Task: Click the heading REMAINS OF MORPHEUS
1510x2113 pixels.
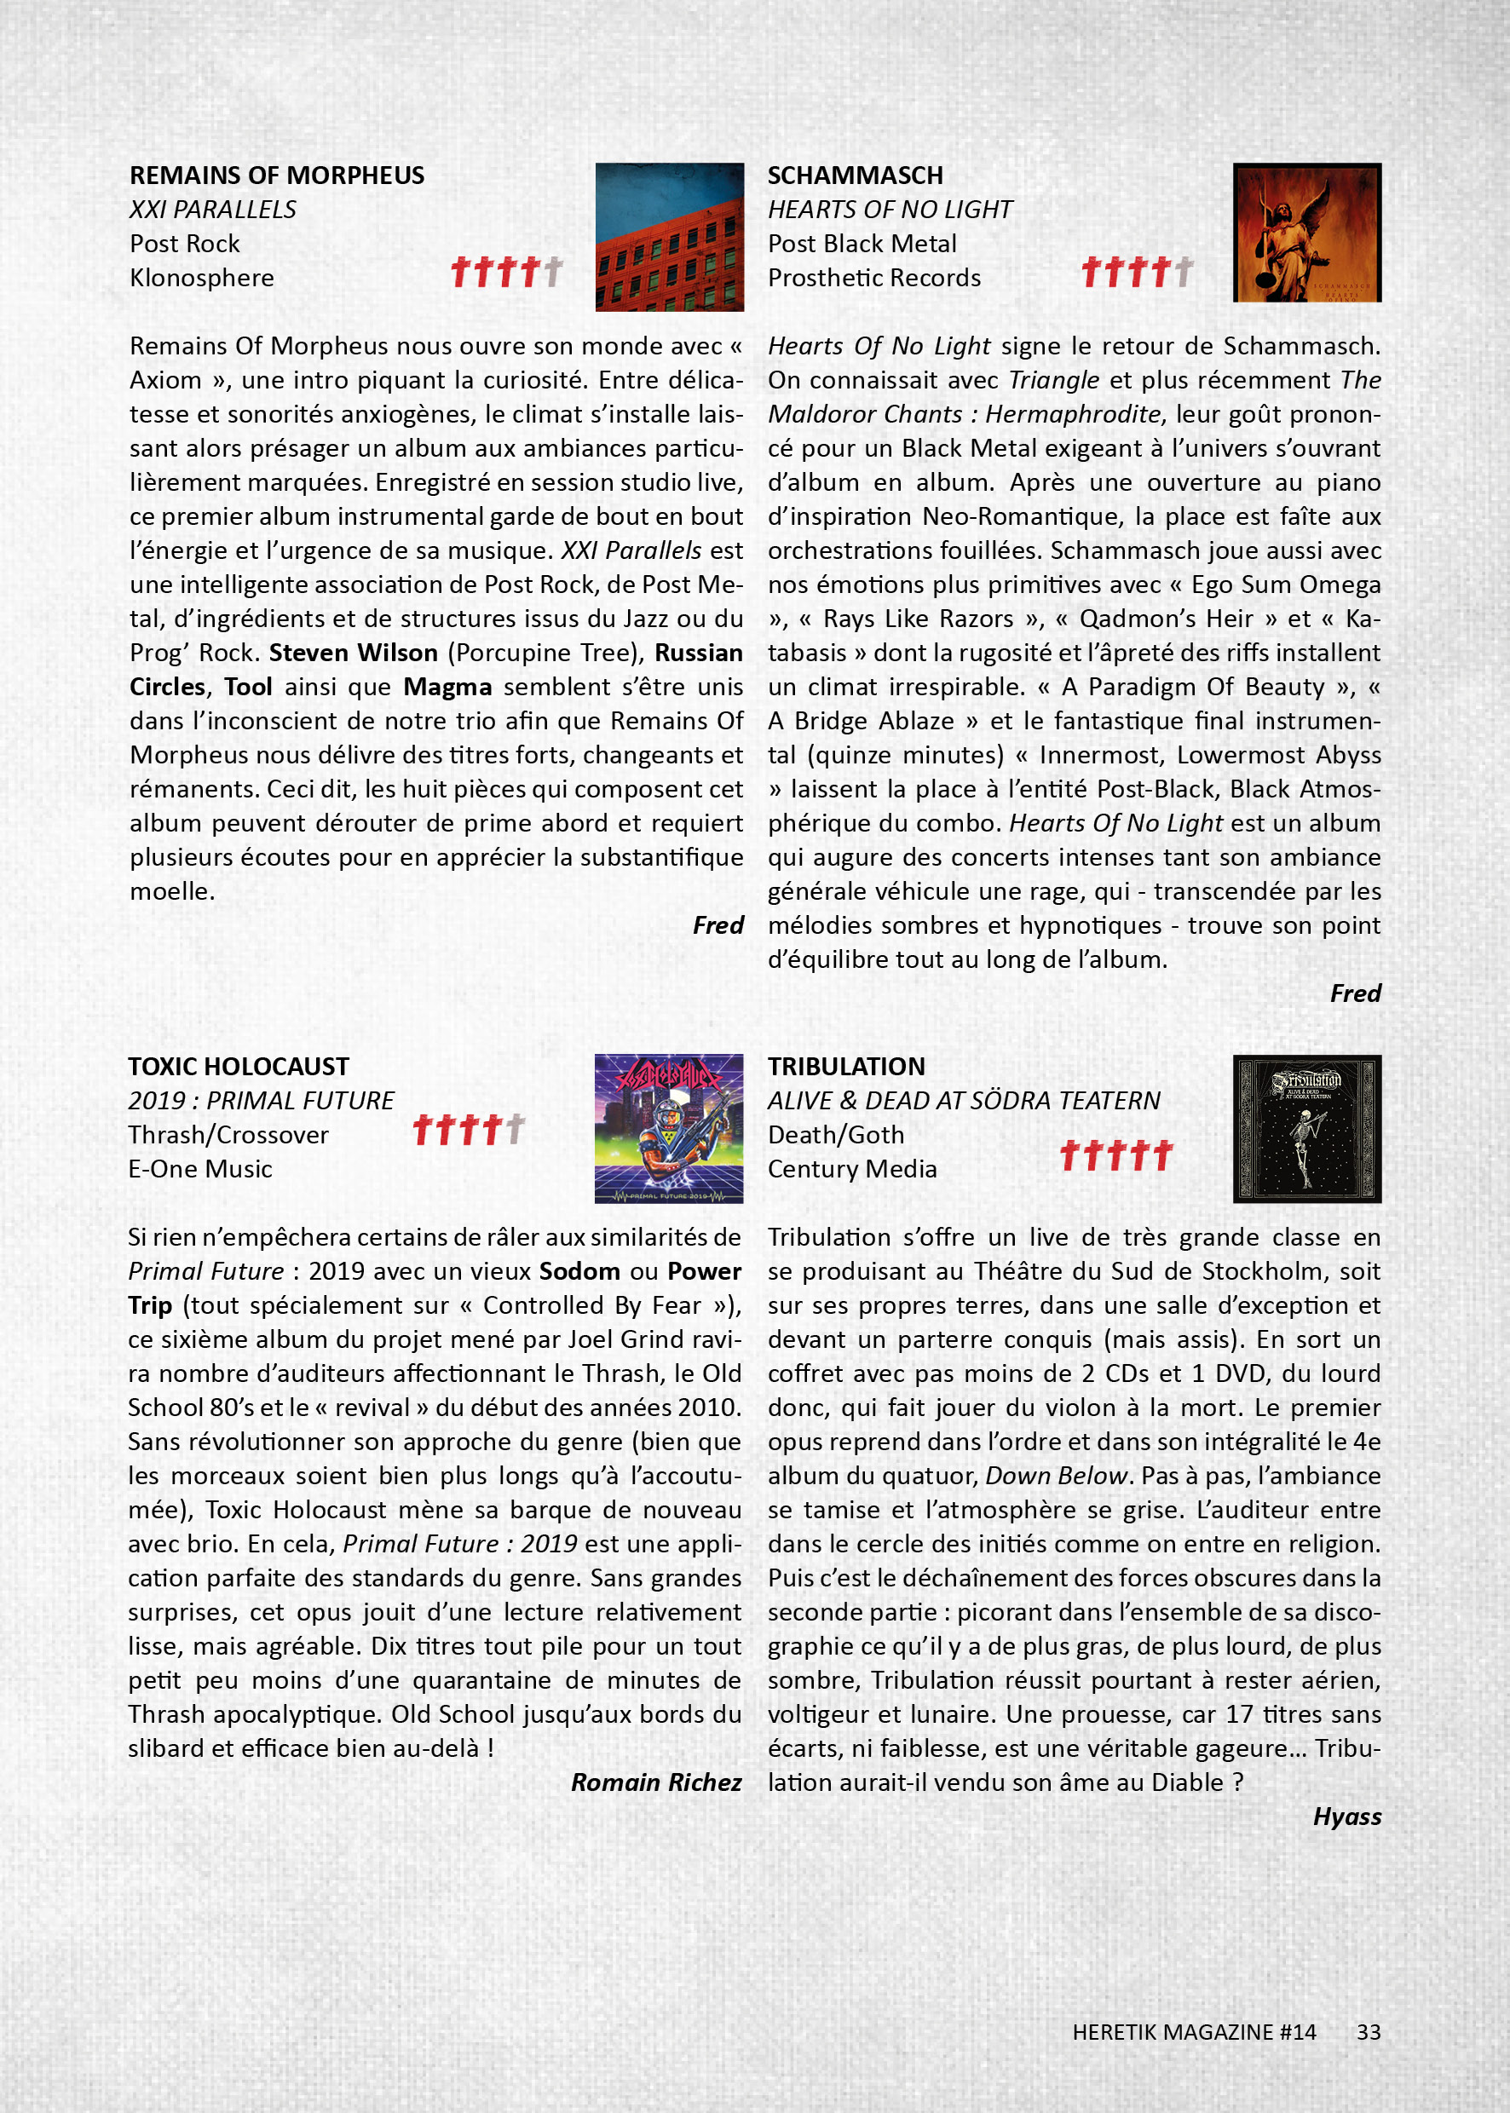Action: point(276,176)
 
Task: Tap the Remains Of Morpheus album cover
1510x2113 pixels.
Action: point(670,237)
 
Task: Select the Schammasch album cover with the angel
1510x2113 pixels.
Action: point(1306,233)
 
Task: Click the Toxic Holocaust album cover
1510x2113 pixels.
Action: point(669,1129)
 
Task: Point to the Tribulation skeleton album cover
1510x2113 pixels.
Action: point(1306,1129)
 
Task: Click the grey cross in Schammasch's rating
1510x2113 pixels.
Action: point(1183,272)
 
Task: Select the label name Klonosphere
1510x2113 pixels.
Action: point(202,278)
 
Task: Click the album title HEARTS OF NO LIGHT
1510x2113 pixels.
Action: point(890,210)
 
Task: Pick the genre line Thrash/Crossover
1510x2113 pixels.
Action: point(228,1135)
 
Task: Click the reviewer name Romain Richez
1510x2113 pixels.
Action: point(655,1782)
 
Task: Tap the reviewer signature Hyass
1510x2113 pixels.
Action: point(1346,1816)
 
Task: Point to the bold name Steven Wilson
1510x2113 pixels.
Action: point(354,653)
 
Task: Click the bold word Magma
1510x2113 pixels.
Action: point(447,687)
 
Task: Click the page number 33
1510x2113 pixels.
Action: point(1368,2032)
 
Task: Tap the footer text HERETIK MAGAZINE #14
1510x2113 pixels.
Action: point(1194,2032)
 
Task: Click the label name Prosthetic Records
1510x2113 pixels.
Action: point(874,278)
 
